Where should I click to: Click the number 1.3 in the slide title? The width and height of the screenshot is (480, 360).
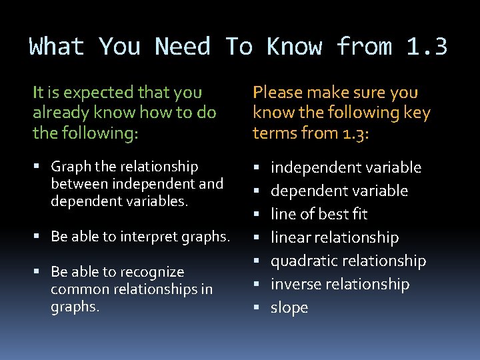click(427, 47)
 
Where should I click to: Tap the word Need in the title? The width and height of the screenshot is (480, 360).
click(183, 47)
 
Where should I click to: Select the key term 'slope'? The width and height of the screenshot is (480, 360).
click(289, 308)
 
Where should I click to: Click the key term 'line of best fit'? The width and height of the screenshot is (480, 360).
click(319, 215)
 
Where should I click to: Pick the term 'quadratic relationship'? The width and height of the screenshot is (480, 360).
click(348, 261)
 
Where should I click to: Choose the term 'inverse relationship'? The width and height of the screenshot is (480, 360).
click(340, 285)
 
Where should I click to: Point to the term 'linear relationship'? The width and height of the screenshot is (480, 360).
click(335, 238)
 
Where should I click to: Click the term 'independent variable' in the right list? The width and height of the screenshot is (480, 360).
click(346, 167)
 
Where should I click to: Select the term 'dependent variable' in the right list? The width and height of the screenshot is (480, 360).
click(339, 191)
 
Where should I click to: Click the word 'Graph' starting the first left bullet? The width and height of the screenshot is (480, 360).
click(69, 166)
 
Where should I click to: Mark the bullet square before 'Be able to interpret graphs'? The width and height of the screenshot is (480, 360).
click(41, 236)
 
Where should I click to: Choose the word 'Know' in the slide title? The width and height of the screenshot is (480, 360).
click(295, 47)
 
